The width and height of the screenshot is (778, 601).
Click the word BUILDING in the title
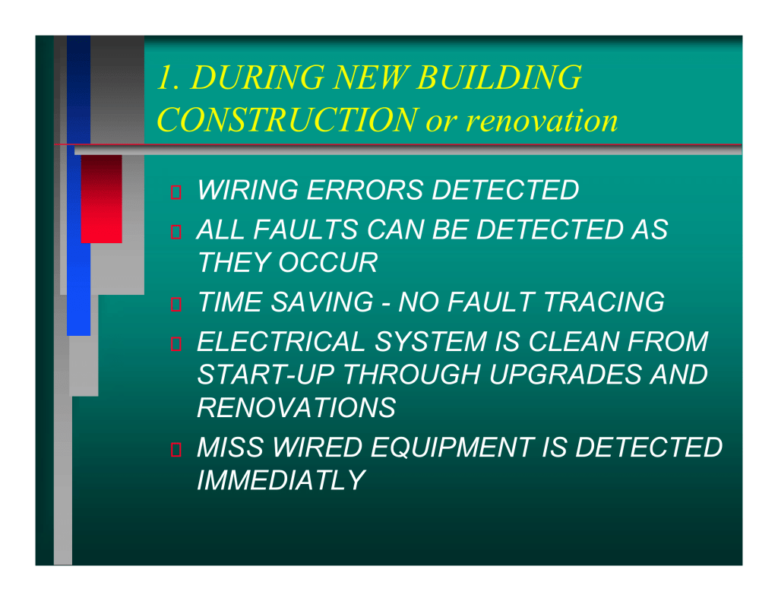(499, 77)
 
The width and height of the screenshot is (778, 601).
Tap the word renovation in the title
(542, 121)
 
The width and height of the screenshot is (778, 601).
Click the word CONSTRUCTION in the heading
(287, 120)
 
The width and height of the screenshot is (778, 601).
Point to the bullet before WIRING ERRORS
(176, 192)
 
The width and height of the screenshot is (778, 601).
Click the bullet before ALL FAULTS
(176, 232)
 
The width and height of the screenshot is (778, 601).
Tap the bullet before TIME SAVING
(176, 304)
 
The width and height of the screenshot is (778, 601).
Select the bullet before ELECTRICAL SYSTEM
(176, 343)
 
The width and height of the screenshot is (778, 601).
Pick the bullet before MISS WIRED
(176, 449)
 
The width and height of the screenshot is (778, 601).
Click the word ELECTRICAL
(281, 341)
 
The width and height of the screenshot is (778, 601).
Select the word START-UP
(265, 374)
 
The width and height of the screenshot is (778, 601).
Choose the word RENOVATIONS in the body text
(296, 407)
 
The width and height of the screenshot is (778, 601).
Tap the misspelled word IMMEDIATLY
(281, 480)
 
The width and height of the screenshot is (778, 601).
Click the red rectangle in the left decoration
(102, 199)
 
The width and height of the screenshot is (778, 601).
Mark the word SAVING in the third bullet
(322, 302)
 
